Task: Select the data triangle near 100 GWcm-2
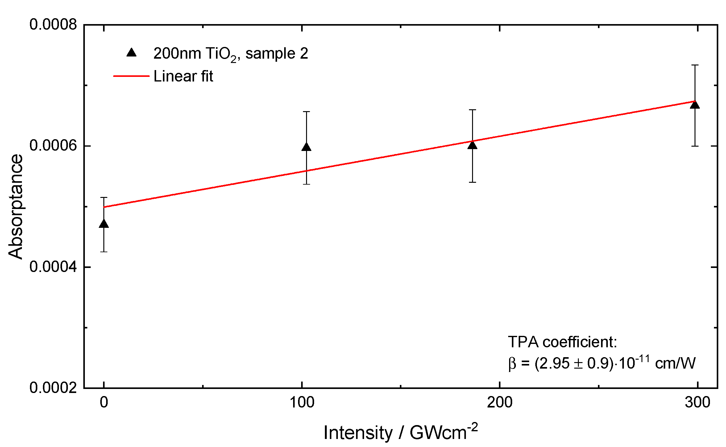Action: pyautogui.click(x=306, y=147)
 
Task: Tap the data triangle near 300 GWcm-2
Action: pyautogui.click(x=695, y=105)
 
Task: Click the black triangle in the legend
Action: pyautogui.click(x=131, y=53)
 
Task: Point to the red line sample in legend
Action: pyautogui.click(x=131, y=76)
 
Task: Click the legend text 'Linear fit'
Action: pyautogui.click(x=183, y=76)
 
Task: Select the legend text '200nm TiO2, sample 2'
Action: pyautogui.click(x=230, y=54)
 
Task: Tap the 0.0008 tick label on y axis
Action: pyautogui.click(x=53, y=24)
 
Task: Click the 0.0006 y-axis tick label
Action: pyautogui.click(x=53, y=145)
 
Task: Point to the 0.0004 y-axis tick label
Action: pyautogui.click(x=53, y=267)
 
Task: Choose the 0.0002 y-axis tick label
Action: pyautogui.click(x=53, y=388)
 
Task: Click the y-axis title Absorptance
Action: pyautogui.click(x=15, y=206)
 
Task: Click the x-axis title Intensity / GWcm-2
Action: pyautogui.click(x=400, y=432)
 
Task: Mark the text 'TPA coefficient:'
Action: pyautogui.click(x=562, y=342)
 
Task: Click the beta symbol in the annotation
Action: pyautogui.click(x=512, y=364)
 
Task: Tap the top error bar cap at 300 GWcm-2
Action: pyautogui.click(x=695, y=65)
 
